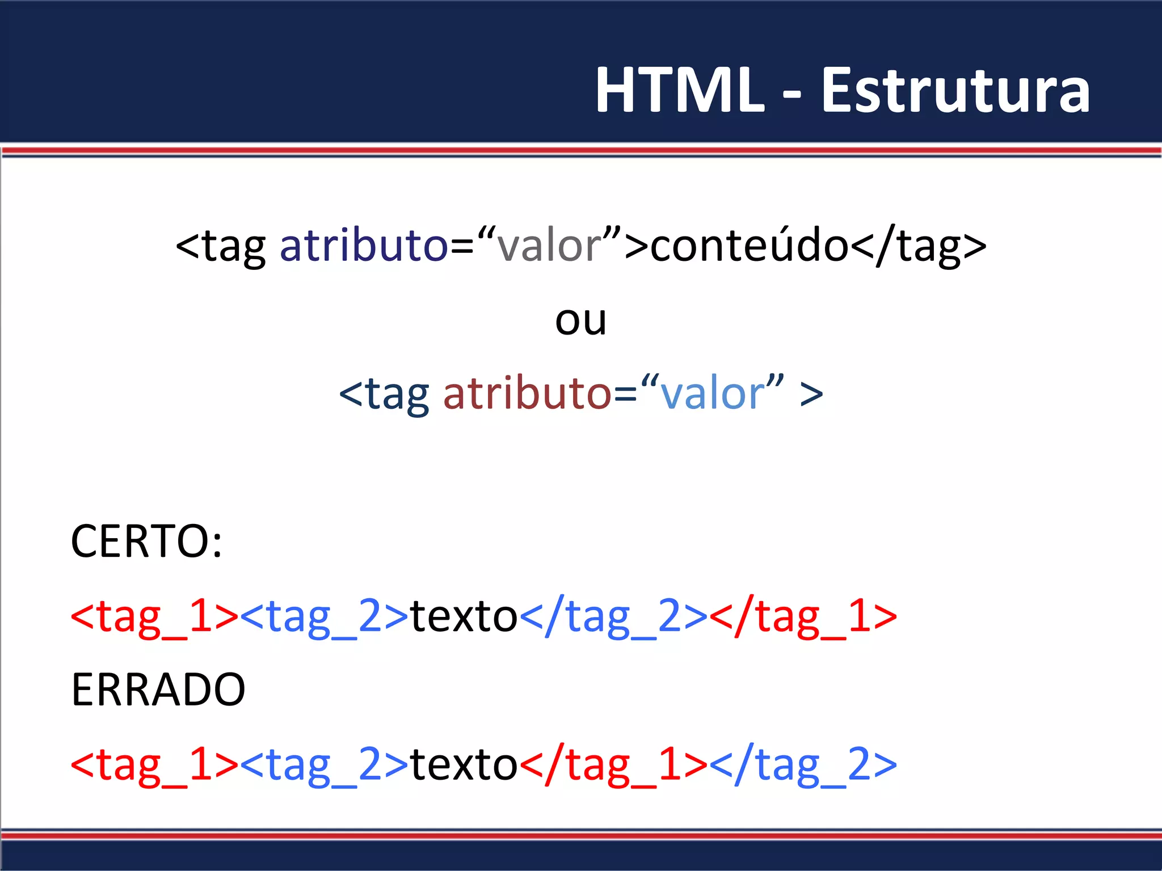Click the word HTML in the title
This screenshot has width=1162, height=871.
680,91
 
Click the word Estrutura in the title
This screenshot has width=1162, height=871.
955,91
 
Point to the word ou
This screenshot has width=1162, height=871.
580,320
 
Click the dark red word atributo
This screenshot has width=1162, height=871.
527,394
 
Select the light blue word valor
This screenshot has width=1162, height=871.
713,394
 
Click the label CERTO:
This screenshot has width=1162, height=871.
146,542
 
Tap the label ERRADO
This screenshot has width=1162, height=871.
158,690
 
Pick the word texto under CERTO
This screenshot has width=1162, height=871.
464,616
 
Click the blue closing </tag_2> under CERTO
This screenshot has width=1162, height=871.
613,616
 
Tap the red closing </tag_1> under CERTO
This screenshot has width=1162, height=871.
803,616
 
